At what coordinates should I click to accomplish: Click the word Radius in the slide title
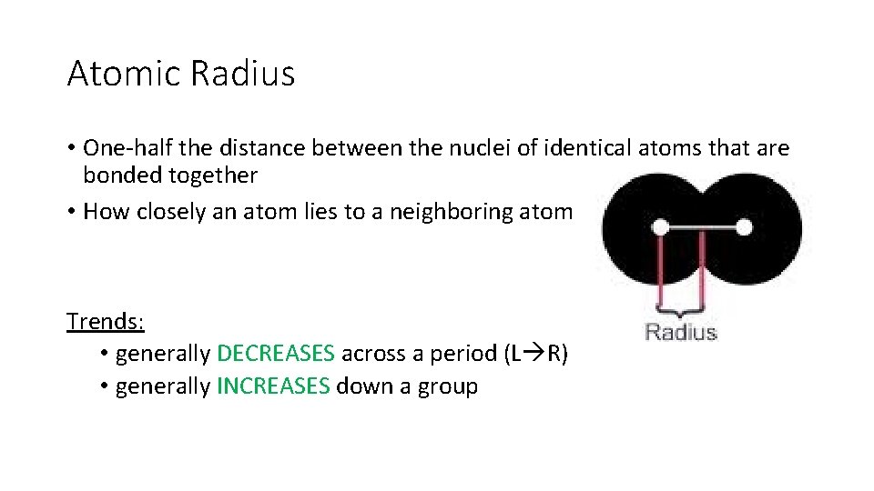243,73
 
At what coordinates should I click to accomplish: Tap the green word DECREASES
276,354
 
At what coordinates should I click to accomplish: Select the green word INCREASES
273,386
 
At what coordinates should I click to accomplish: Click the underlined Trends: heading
106,321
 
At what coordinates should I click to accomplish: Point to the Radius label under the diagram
681,332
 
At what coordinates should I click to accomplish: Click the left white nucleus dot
662,226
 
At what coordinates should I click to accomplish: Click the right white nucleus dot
744,226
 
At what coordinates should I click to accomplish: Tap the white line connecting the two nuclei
703,226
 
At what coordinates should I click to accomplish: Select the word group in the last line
447,386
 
